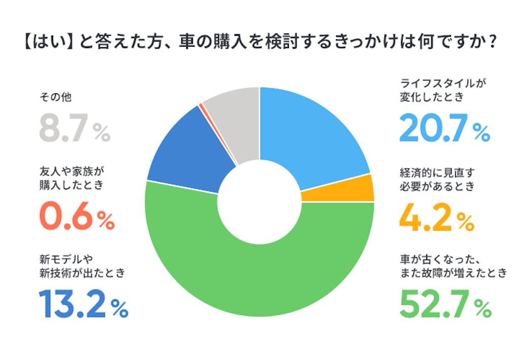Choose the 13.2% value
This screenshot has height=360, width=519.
tap(83, 304)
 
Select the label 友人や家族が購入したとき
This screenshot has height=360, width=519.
tap(71, 177)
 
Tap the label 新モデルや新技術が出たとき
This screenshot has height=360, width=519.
tap(82, 266)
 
